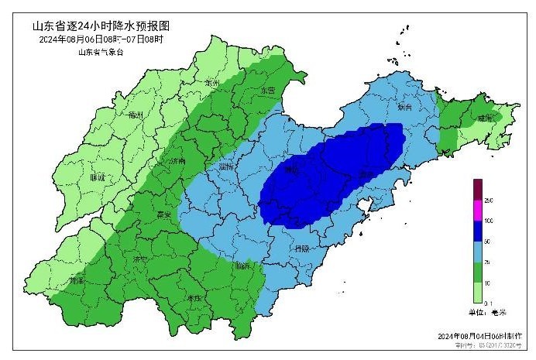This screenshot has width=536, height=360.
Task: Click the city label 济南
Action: point(177,162)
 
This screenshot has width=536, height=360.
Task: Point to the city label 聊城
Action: point(97,177)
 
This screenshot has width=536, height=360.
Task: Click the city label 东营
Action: point(268,90)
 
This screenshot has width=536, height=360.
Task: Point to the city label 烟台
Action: point(404,108)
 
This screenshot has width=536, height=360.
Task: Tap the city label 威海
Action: point(485,118)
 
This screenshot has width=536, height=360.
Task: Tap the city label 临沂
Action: point(244,266)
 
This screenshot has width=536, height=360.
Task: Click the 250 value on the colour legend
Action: point(488,200)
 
